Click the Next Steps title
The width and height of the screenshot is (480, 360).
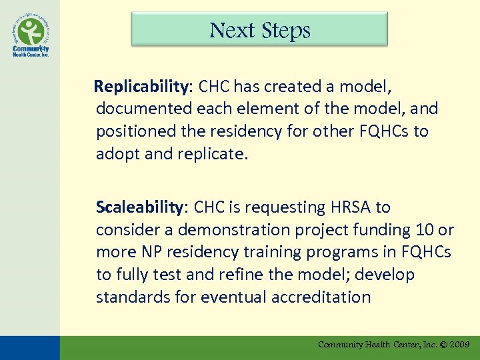click(x=259, y=31)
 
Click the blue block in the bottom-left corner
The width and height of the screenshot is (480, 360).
click(x=29, y=347)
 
